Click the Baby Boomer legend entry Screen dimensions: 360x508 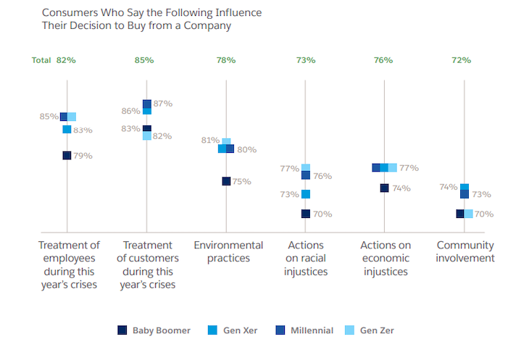[154, 330]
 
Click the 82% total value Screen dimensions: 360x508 [67, 60]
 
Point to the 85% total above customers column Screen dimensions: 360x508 [144, 60]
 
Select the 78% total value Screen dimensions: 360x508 [225, 60]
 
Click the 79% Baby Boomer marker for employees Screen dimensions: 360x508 [67, 155]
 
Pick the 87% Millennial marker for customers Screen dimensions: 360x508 [147, 104]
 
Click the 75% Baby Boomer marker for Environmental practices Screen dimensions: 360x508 [226, 181]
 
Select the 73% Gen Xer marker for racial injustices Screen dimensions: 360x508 [306, 194]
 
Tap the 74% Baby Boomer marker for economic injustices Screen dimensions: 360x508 [384, 188]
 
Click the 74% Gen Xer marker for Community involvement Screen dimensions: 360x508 [465, 187]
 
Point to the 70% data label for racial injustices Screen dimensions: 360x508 [323, 214]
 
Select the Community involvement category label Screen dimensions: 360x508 [465, 251]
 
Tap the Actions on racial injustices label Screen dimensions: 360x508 [306, 259]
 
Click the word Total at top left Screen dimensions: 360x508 [41, 60]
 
